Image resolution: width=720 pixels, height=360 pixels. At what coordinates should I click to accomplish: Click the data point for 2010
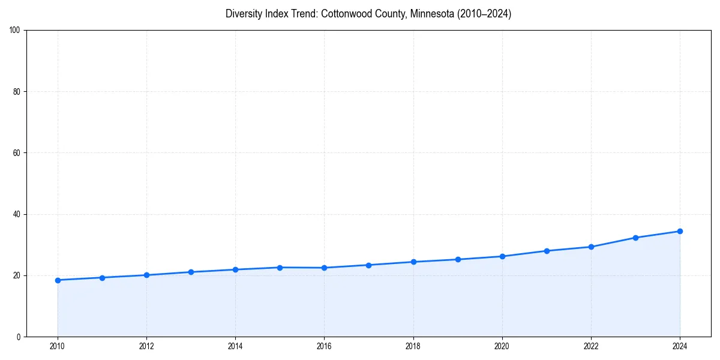(58, 280)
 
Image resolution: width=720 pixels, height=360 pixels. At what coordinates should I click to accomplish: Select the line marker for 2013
(191, 272)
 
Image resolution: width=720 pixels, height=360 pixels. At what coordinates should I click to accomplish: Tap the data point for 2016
(324, 268)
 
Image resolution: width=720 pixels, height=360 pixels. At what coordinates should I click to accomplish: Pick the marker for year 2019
(458, 259)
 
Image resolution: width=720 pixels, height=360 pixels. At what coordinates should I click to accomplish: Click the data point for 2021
(547, 251)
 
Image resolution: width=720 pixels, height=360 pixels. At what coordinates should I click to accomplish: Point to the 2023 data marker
(635, 238)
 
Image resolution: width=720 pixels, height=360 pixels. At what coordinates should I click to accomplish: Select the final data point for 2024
(680, 231)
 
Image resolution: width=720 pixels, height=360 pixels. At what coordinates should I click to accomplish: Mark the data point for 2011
(102, 278)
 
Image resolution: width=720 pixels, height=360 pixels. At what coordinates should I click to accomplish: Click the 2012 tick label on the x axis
(146, 346)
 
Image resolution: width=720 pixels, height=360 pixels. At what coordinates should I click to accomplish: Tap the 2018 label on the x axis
(413, 346)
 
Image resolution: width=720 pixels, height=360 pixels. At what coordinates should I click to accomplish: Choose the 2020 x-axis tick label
(502, 346)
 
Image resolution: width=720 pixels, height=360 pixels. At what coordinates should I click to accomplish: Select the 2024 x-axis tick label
(680, 346)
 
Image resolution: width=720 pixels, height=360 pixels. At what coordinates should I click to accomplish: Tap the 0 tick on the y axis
(20, 337)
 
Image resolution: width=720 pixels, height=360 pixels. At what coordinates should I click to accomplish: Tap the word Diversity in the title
(245, 14)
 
